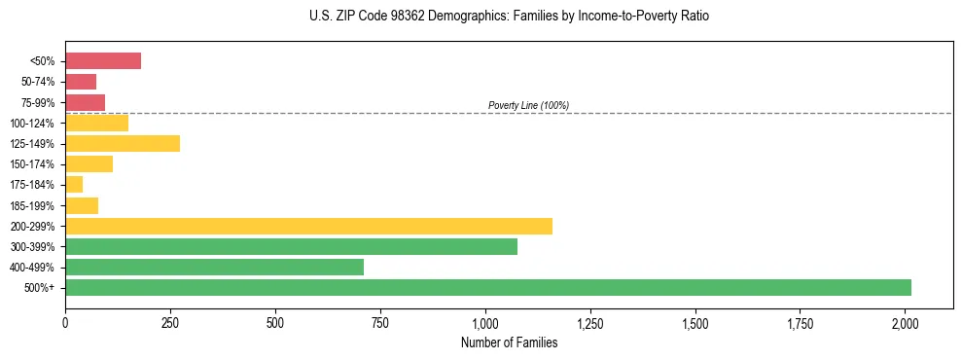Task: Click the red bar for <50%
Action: [103, 61]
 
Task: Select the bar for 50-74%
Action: [81, 82]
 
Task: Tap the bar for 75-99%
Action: [85, 102]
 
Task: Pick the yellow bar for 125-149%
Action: [123, 144]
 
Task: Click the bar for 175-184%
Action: [74, 185]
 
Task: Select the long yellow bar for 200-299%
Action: [308, 226]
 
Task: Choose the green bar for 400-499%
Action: [214, 268]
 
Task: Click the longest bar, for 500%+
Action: [487, 288]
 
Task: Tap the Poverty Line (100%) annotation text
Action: [528, 105]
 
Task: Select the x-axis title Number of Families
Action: [509, 342]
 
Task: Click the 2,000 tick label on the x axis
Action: [905, 322]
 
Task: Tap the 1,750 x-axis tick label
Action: [800, 322]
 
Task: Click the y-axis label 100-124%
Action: [33, 124]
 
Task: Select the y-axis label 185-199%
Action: [33, 206]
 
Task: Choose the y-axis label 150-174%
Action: [33, 164]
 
